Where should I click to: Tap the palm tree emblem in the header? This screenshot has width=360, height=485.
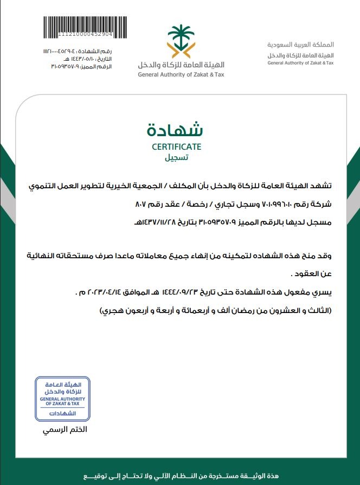click(x=181, y=41)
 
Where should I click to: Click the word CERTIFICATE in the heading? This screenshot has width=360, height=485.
click(x=176, y=146)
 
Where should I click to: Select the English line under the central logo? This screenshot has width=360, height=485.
click(x=181, y=75)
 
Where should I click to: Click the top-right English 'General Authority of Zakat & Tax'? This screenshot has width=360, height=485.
click(x=300, y=63)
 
